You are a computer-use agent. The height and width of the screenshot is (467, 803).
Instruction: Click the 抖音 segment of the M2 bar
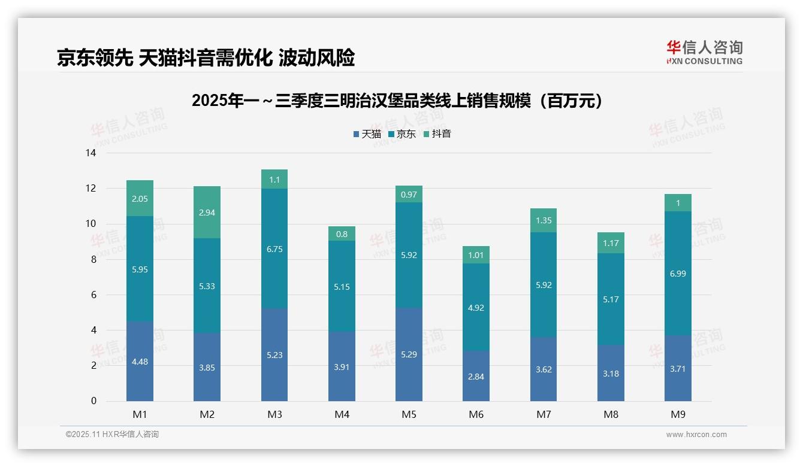[207, 212]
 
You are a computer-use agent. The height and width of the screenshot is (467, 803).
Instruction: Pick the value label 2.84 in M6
[476, 377]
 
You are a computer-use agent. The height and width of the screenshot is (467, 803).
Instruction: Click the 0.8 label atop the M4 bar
[342, 234]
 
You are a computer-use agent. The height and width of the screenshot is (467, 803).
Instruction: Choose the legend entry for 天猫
[367, 134]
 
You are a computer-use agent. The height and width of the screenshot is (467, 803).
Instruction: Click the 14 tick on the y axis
[90, 153]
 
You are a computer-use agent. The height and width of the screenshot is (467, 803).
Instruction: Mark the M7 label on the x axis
[544, 414]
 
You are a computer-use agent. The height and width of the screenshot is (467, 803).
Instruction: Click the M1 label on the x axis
[140, 414]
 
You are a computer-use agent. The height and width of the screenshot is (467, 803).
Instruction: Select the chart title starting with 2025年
[397, 101]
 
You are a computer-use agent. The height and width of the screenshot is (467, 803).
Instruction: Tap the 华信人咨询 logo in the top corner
[704, 52]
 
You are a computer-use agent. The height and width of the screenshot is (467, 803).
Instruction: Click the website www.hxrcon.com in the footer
[696, 435]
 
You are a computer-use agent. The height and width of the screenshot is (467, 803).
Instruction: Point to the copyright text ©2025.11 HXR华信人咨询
[112, 435]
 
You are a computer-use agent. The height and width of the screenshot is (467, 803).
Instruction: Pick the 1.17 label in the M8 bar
[611, 243]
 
